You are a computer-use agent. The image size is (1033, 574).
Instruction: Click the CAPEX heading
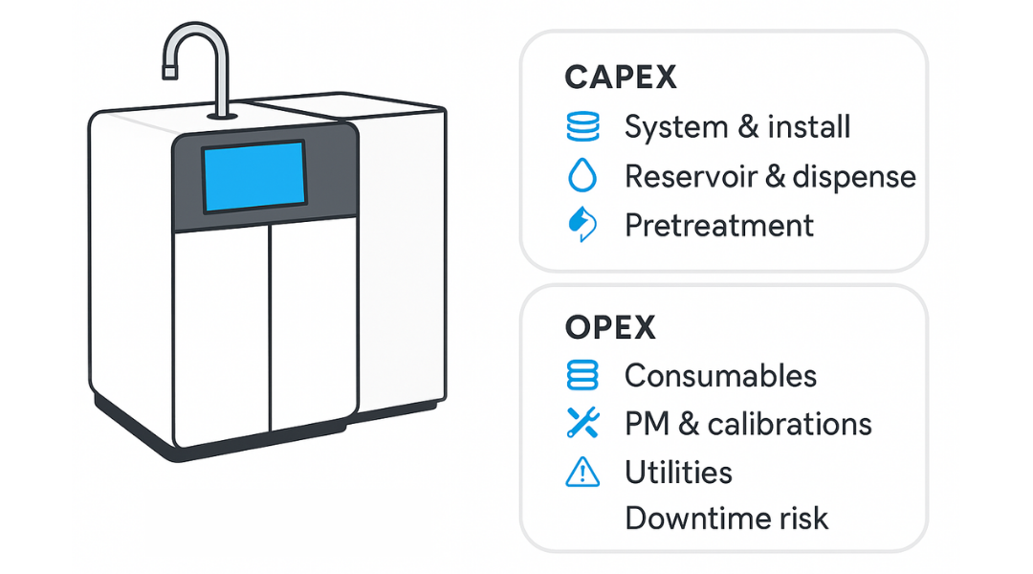tap(621, 77)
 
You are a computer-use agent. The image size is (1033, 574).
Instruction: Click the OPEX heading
tap(610, 327)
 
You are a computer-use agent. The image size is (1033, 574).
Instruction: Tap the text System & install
tap(736, 127)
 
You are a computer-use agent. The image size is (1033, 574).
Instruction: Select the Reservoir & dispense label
tap(770, 176)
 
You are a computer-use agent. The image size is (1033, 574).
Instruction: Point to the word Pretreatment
tap(718, 226)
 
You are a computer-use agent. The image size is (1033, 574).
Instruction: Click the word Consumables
tap(720, 376)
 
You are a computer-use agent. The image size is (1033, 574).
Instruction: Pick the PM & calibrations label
tap(748, 424)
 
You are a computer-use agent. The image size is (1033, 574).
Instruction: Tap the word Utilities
tap(678, 472)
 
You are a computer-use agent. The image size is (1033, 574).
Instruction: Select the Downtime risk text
tap(726, 519)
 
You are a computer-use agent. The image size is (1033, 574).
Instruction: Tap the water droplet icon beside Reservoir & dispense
tap(582, 176)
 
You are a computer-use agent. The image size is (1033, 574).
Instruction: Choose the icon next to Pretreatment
tap(582, 226)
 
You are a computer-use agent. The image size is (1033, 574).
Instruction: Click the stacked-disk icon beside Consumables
tap(582, 376)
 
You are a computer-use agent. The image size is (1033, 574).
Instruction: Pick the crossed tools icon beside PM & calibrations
tap(582, 424)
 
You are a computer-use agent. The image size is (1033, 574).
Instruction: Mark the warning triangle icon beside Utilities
tap(582, 472)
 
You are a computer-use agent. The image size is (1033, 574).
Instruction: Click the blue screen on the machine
tap(253, 176)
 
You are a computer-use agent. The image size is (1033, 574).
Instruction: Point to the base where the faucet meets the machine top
tap(223, 115)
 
